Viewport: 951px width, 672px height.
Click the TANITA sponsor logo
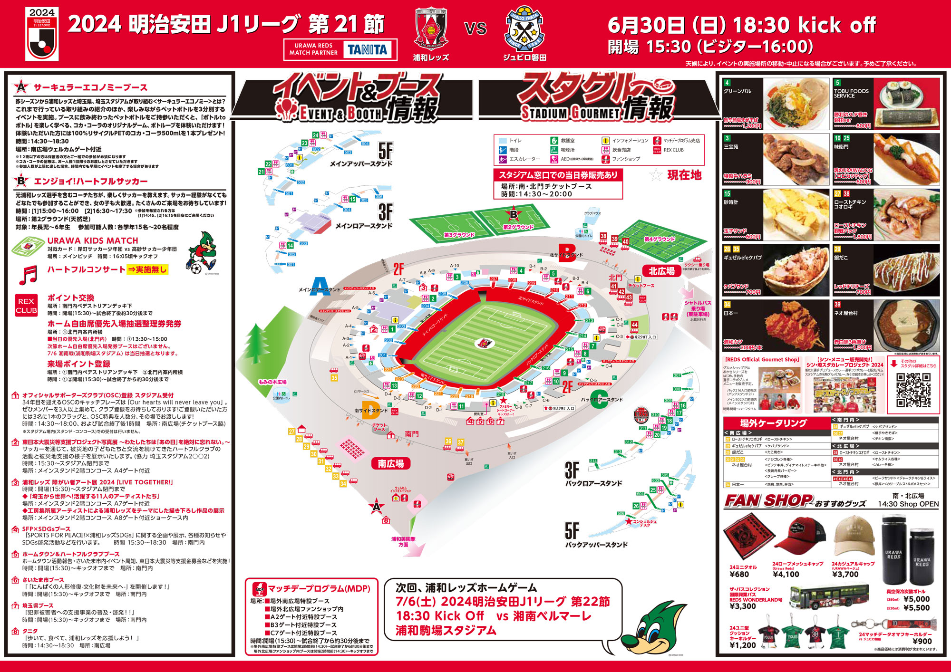367,49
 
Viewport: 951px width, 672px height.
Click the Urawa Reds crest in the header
431,29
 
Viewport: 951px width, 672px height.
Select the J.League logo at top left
42,34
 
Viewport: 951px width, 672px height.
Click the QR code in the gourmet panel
913,390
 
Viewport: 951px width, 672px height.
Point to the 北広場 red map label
661,271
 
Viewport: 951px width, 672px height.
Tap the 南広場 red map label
391,463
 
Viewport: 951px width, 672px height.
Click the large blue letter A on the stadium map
320,287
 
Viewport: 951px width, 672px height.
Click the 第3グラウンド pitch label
459,235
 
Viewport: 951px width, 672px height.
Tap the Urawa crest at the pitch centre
485,343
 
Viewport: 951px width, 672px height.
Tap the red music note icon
29,275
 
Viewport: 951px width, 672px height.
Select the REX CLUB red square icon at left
26,306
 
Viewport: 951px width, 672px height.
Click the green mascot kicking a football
202,253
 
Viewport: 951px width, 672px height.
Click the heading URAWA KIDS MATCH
93,240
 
